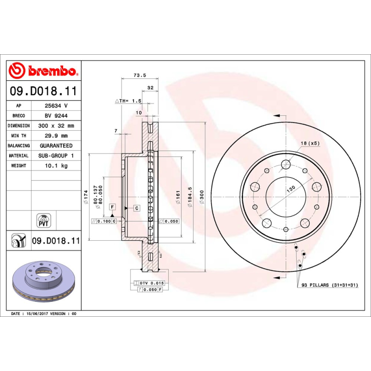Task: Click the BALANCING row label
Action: pyautogui.click(x=19, y=146)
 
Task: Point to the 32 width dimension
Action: pyautogui.click(x=150, y=87)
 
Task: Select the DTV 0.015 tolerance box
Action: pyautogui.click(x=149, y=282)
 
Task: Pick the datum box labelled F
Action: pyautogui.click(x=112, y=206)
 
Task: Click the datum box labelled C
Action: pyautogui.click(x=137, y=208)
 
